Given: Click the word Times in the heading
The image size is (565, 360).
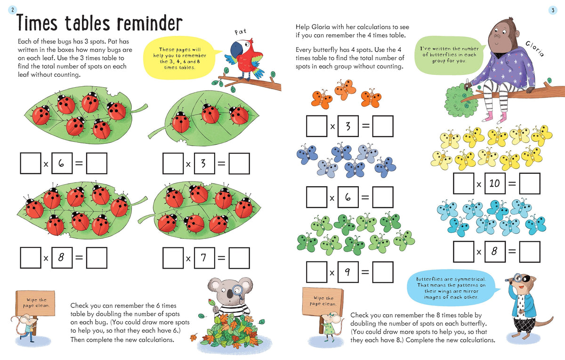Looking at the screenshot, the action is click(37, 23).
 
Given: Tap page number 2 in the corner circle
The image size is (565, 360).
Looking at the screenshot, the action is click(12, 10).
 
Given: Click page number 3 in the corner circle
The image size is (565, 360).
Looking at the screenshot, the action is click(553, 10).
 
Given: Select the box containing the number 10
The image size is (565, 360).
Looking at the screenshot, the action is click(495, 183).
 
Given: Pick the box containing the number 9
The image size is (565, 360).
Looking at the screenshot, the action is click(348, 272).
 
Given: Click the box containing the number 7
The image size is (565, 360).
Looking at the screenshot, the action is click(204, 258).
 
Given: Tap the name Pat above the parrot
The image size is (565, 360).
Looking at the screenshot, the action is click(241, 32).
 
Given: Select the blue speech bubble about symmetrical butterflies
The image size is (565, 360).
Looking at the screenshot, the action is click(452, 288).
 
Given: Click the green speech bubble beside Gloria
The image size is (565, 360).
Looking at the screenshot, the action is click(450, 55).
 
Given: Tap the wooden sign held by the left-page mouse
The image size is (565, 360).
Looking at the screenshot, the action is click(35, 303).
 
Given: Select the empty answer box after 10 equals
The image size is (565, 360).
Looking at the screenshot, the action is click(530, 183).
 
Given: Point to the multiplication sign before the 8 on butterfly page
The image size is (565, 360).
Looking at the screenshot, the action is click(479, 252).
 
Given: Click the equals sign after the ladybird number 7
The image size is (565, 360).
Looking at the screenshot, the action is click(221, 258).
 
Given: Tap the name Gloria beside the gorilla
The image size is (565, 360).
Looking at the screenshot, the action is click(535, 49).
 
